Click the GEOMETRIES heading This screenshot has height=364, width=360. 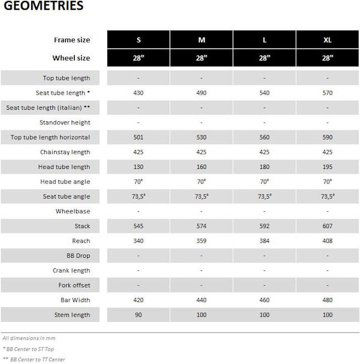[43, 7]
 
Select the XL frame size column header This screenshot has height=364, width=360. [327, 40]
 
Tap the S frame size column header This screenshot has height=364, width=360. [139, 40]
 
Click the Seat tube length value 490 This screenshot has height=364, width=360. [201, 93]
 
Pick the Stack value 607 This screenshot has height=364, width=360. [327, 226]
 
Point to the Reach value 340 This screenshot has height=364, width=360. [139, 241]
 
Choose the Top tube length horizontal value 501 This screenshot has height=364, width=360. [139, 138]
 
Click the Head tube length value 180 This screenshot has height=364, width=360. [264, 167]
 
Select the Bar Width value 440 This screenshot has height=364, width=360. [201, 300]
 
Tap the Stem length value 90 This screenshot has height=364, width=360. [139, 315]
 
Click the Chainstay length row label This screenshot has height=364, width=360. [65, 152]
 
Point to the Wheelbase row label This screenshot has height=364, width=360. [73, 211]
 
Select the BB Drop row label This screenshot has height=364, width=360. [78, 256]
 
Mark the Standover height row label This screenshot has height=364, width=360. [65, 123]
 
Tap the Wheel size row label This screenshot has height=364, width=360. [71, 58]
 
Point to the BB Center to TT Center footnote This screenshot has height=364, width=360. [34, 359]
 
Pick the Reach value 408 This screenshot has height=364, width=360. [327, 241]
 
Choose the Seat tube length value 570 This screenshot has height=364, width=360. [327, 93]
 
